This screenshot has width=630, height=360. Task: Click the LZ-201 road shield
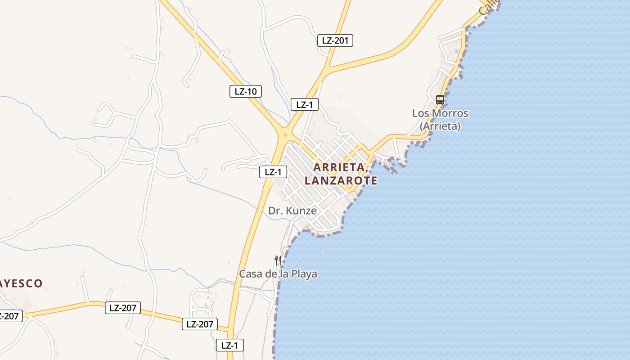coord(335,40)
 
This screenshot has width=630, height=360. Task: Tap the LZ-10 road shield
coord(245,91)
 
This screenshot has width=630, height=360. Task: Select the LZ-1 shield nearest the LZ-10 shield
coord(305,105)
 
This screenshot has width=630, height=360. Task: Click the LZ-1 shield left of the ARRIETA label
coord(273,171)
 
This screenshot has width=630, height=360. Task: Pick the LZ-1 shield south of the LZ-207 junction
coord(229,345)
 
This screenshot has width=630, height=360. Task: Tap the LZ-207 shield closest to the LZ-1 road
coord(200,324)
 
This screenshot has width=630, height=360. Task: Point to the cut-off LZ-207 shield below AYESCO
coord(9,316)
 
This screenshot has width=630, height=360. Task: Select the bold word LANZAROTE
coord(341,181)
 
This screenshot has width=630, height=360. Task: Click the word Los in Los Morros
coord(421,113)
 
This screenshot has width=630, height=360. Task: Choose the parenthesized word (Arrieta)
coord(440,126)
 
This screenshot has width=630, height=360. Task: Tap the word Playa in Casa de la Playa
coord(304,274)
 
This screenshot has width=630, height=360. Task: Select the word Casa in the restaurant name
coord(251,274)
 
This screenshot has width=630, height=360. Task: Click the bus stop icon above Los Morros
coord(440,100)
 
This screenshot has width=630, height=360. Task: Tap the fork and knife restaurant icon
coord(278,260)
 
